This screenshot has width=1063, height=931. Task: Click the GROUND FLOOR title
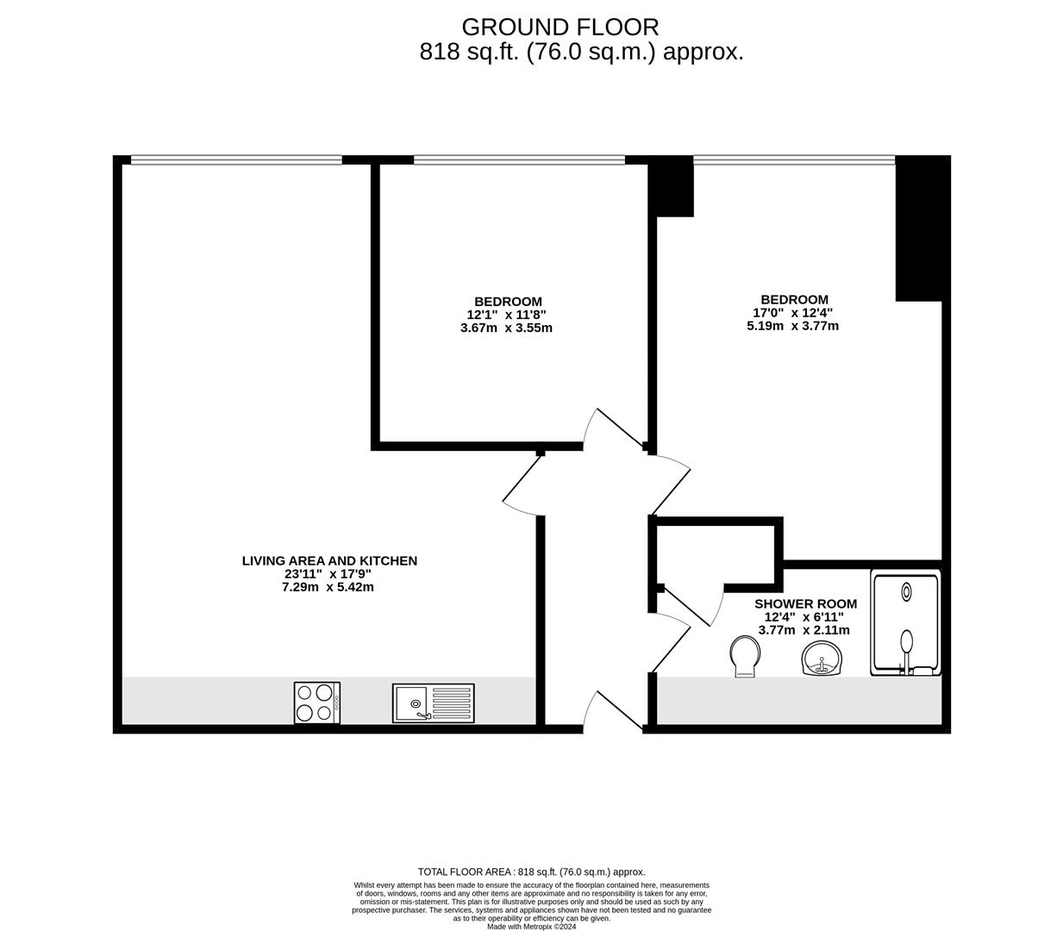[x=560, y=27]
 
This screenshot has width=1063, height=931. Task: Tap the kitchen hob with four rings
[x=316, y=702]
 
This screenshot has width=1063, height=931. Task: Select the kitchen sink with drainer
[x=433, y=703]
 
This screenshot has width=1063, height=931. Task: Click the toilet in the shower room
[x=743, y=656]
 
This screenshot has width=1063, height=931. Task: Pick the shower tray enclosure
[x=905, y=622]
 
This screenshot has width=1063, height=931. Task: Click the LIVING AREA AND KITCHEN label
[x=329, y=561]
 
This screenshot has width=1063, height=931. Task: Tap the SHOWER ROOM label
[x=805, y=604]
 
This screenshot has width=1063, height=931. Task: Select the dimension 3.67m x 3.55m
[x=506, y=328]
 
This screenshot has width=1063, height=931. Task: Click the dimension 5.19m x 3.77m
[x=792, y=326]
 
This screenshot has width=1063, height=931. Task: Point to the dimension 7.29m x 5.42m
[x=328, y=587]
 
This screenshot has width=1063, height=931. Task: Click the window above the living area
[x=236, y=159]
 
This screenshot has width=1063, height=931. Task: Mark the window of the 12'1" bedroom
[x=519, y=159]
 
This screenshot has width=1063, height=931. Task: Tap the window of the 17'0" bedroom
[x=794, y=159]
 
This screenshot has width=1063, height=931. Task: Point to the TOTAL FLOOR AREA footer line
[x=531, y=872]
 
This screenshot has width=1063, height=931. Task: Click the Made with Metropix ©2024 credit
[x=531, y=927]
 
